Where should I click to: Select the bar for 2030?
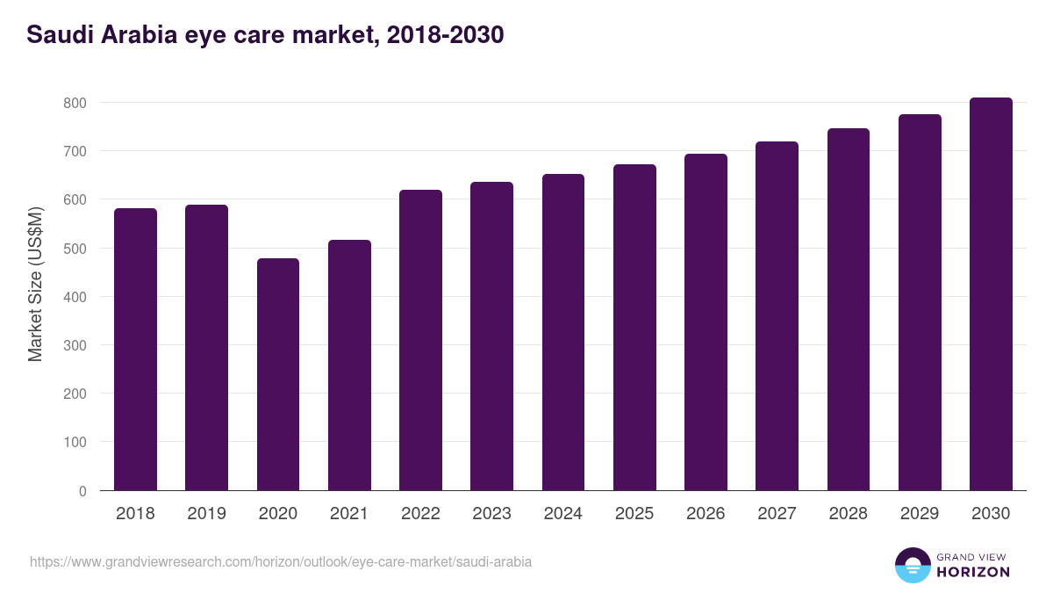(x=991, y=294)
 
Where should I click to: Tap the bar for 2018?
(x=135, y=350)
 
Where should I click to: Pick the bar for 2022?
(x=420, y=340)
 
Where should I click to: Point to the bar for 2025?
(x=634, y=328)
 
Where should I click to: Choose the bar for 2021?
(x=349, y=365)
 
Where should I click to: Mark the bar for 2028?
(x=849, y=309)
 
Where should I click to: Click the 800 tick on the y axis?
(x=75, y=103)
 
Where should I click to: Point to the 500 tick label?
(x=75, y=249)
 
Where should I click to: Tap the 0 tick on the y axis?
(x=82, y=491)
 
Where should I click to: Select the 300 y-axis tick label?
(x=75, y=345)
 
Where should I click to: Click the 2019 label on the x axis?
(x=206, y=514)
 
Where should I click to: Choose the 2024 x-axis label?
(x=562, y=514)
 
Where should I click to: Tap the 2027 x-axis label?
(x=777, y=514)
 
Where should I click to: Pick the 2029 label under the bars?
(x=920, y=514)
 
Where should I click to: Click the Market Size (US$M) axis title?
(x=35, y=285)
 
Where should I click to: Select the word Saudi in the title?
(x=59, y=35)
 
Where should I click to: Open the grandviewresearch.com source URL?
(x=281, y=561)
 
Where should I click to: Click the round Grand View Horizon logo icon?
(x=913, y=566)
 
